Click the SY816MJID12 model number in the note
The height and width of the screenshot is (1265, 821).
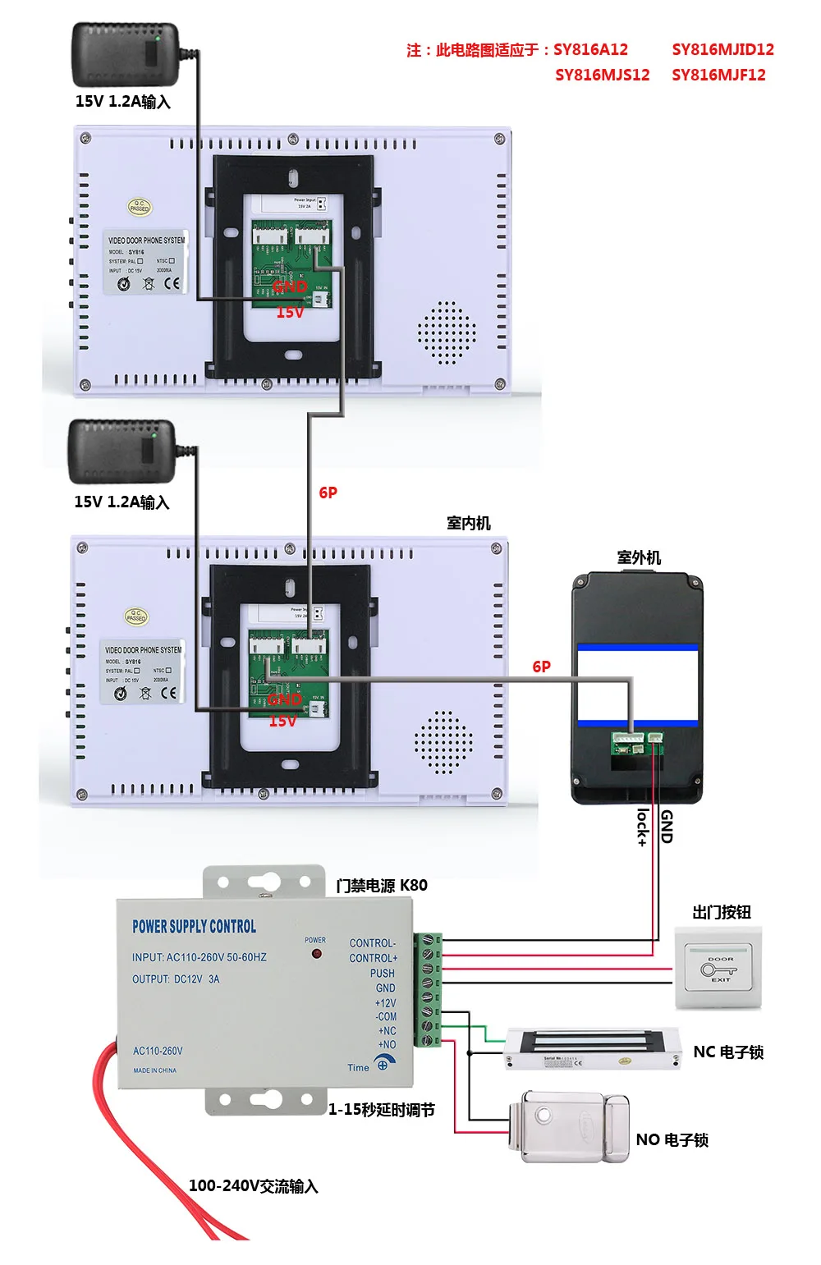click(722, 49)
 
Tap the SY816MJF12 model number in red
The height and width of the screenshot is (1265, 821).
click(718, 75)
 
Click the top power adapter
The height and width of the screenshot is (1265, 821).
click(126, 54)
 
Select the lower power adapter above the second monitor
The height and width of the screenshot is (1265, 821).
click(122, 451)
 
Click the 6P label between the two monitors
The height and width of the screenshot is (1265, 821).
click(328, 493)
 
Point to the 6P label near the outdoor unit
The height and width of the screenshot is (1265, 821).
click(541, 667)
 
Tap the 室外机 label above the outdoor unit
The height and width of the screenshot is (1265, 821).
click(639, 557)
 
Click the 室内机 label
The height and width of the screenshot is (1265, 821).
click(468, 523)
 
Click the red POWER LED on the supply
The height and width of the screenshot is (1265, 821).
click(316, 955)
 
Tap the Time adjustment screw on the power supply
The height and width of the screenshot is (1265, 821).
click(383, 1065)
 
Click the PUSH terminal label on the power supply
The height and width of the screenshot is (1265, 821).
click(382, 973)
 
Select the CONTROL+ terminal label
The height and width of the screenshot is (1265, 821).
click(373, 958)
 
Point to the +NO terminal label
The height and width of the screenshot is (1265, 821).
click(387, 1045)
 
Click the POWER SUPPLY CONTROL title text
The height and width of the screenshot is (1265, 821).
click(194, 926)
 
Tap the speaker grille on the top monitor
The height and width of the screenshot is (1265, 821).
click(446, 332)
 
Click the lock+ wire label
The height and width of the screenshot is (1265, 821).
click(643, 827)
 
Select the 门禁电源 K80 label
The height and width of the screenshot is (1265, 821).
click(381, 885)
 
